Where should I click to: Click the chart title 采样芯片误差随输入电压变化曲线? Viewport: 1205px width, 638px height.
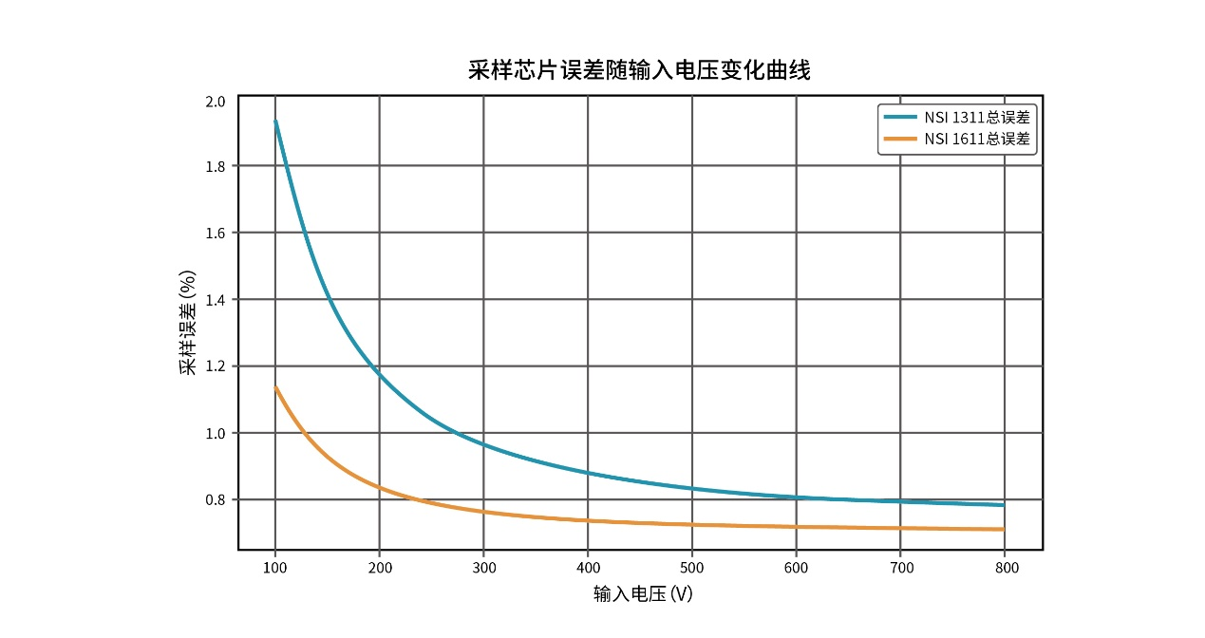click(x=639, y=70)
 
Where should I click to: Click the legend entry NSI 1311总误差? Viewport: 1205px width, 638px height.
click(x=977, y=118)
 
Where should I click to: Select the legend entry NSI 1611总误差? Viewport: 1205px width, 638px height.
click(x=977, y=140)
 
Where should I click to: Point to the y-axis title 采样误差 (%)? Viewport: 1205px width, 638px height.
click(x=188, y=322)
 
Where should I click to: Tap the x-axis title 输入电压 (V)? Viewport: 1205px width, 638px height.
click(x=643, y=594)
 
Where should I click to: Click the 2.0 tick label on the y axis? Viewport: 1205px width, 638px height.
click(x=216, y=102)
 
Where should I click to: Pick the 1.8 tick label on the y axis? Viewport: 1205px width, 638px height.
click(x=216, y=166)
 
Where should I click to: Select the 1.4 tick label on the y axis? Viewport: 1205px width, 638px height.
click(x=216, y=300)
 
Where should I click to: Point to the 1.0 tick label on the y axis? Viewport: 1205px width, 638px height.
click(x=216, y=433)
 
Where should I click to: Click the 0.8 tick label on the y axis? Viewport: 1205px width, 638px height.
click(x=216, y=500)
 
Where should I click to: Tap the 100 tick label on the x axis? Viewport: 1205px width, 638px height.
click(x=275, y=568)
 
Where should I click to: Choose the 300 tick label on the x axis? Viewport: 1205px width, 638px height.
click(x=483, y=568)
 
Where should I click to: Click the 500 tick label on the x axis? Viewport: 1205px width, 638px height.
click(x=692, y=568)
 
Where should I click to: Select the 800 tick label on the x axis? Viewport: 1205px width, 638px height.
click(x=1006, y=568)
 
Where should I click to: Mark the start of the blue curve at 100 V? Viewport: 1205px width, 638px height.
click(x=275, y=122)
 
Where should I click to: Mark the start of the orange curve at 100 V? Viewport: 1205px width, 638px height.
click(x=275, y=387)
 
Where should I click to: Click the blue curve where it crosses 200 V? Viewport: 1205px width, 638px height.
click(x=380, y=374)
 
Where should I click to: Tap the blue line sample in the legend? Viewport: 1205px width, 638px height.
click(x=900, y=118)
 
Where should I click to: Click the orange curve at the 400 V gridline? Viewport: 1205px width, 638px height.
click(x=588, y=519)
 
